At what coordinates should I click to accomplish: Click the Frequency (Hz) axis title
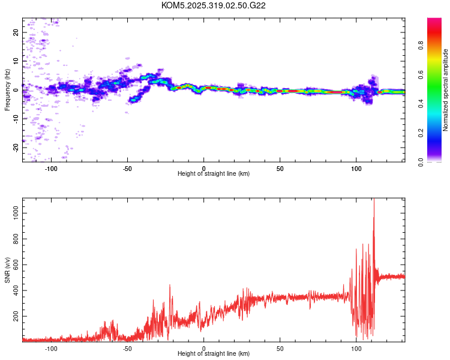coord(7,90)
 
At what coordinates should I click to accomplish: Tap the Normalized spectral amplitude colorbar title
coord(446,90)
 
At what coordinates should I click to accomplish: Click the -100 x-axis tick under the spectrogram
coord(51,167)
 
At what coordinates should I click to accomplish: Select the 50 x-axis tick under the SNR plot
coord(280,348)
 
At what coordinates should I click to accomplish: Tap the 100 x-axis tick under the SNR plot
coord(356,348)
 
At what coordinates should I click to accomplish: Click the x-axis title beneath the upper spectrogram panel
coord(214,173)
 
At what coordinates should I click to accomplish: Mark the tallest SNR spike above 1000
coord(374,201)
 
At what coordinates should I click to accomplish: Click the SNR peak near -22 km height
coord(170,286)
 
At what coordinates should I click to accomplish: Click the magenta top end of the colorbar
coord(434,20)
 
